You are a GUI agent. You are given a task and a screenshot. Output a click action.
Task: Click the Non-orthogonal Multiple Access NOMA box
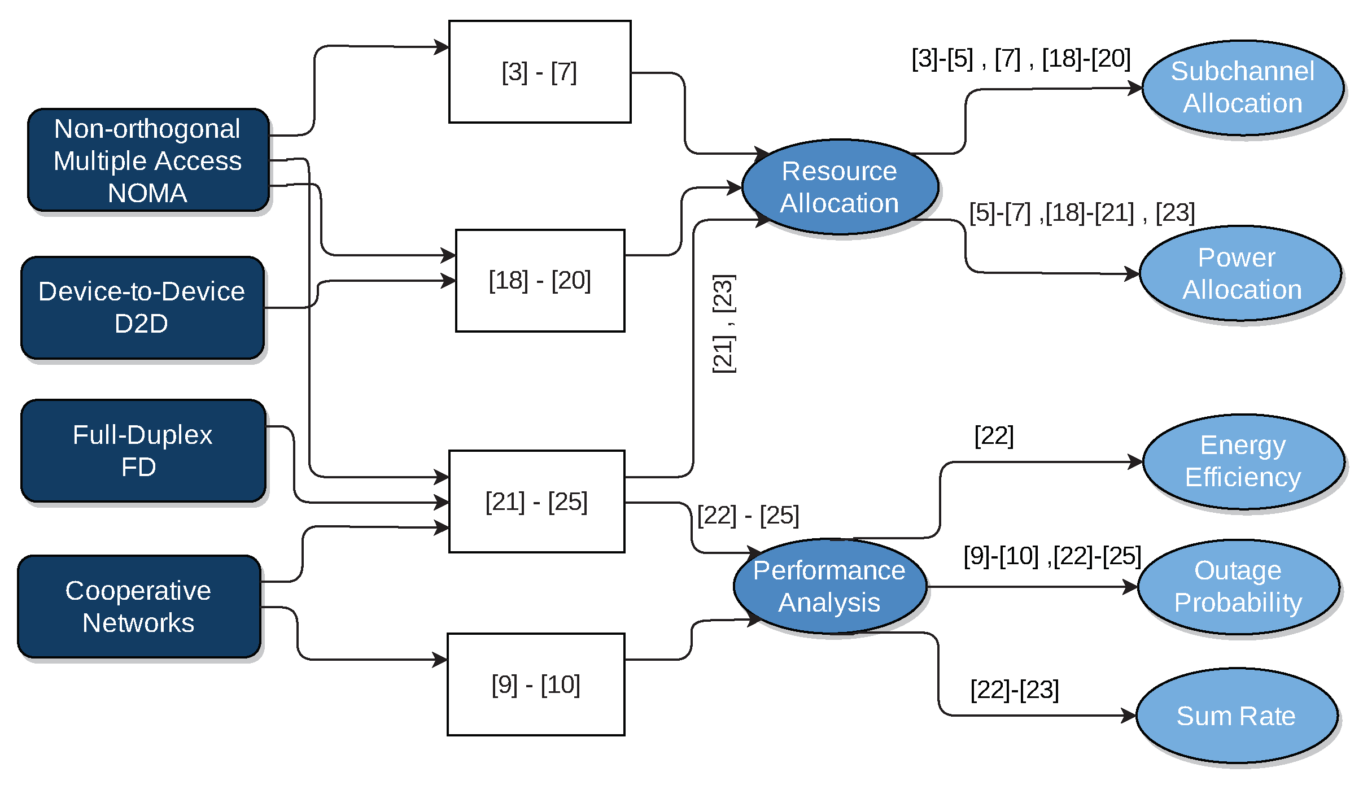148,160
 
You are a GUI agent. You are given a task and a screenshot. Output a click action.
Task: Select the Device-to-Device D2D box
142,308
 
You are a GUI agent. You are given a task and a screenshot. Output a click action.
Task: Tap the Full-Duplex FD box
143,451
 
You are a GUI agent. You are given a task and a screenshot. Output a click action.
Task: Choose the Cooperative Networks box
139,607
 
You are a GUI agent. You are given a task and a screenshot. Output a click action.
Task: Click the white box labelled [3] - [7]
540,72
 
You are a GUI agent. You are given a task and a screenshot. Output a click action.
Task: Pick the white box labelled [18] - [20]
540,281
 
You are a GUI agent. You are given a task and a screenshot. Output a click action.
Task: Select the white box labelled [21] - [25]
536,501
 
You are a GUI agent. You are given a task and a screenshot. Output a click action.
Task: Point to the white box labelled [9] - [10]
536,684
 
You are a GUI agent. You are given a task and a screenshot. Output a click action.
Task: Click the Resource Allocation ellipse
840,187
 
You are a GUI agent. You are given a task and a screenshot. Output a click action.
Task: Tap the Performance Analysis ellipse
829,586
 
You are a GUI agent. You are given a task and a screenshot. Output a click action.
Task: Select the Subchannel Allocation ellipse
1243,88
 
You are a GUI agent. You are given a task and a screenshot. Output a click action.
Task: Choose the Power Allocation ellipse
1240,273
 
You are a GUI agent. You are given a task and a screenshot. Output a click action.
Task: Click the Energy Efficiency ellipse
1243,461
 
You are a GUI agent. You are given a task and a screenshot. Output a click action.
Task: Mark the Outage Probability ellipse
1238,587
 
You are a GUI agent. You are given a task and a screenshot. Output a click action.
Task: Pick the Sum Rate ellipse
1237,716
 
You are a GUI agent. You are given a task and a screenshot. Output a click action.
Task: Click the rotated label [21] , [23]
724,324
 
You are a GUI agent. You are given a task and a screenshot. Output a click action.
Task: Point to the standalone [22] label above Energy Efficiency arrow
994,436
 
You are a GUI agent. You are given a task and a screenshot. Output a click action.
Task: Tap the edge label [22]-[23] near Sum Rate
1015,690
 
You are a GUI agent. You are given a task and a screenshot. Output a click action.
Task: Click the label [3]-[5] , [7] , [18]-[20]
1021,59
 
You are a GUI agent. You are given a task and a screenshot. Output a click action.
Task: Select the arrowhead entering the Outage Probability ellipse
1131,587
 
